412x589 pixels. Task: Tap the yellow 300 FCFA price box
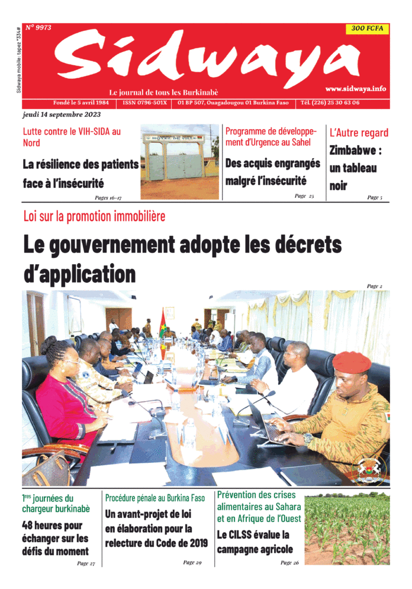(367, 28)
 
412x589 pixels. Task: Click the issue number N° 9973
(39, 28)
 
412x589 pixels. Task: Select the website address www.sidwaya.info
(355, 88)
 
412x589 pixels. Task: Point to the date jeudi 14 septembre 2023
(62, 114)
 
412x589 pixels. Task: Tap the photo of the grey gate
(180, 161)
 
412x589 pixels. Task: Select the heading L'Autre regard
(359, 132)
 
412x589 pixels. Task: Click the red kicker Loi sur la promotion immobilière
(94, 216)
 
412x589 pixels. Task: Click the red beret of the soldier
(351, 361)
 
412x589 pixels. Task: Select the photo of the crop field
(347, 528)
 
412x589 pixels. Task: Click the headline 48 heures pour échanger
(55, 538)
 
